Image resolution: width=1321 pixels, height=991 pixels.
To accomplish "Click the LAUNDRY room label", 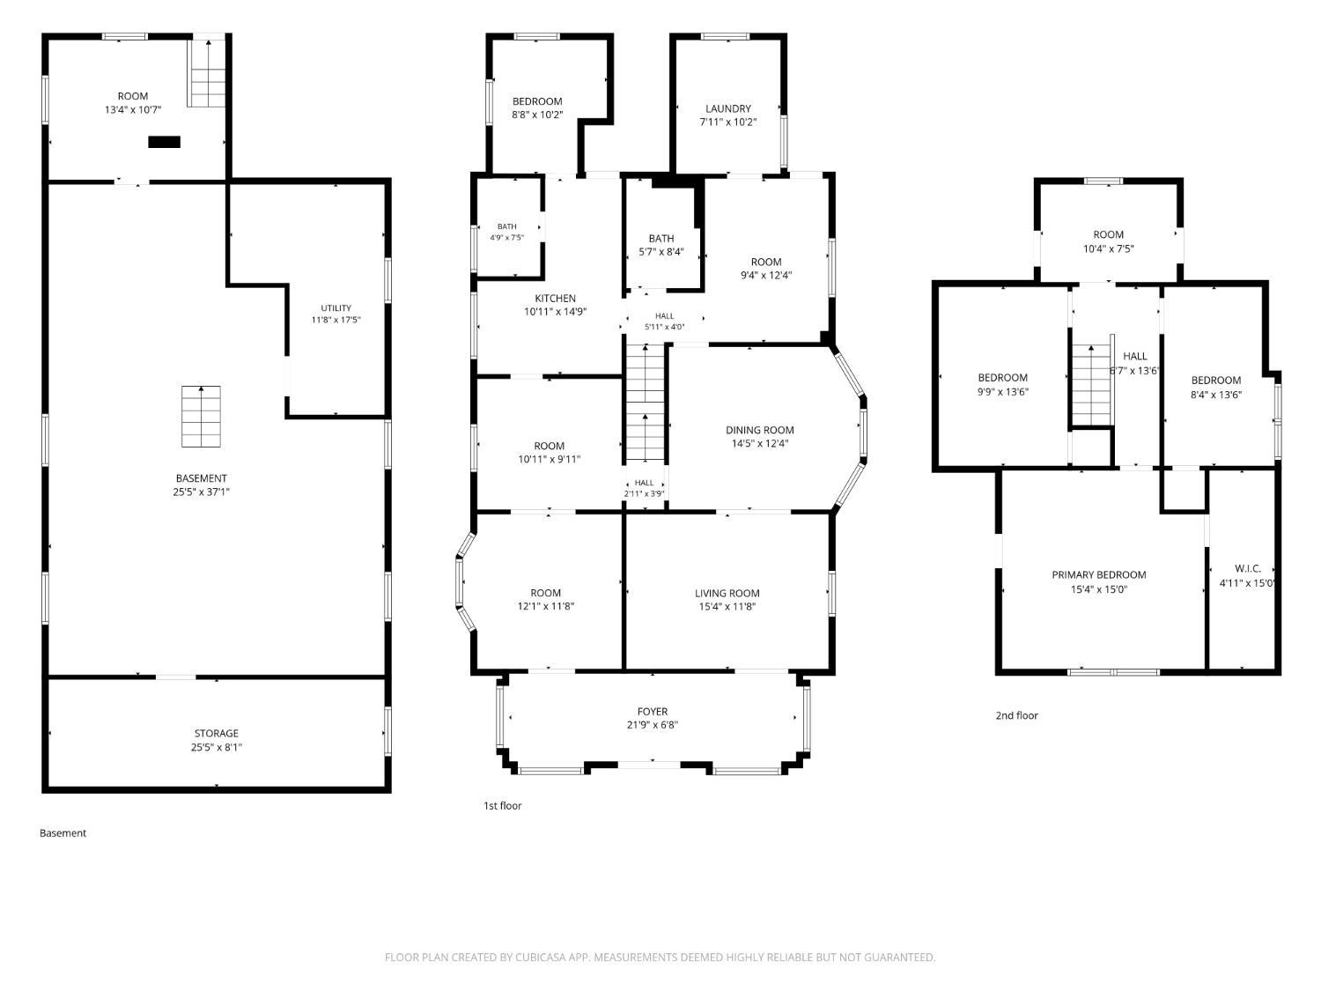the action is click(x=727, y=109).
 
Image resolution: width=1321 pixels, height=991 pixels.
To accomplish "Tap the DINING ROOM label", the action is click(x=759, y=430).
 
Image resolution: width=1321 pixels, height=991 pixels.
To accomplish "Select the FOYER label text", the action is click(x=653, y=712).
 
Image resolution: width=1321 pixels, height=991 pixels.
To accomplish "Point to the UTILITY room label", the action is click(x=336, y=308).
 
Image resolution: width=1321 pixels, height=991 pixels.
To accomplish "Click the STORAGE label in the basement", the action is click(x=216, y=734).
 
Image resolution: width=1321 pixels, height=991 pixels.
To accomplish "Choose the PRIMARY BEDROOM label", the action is click(x=1098, y=574).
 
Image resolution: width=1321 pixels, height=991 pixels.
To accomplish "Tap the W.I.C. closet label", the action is click(x=1248, y=568).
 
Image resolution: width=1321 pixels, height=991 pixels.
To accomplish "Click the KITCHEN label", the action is click(x=555, y=299).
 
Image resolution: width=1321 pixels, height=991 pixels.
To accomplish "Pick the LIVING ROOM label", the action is click(x=727, y=593).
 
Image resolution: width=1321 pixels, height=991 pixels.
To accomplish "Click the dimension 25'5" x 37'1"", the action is click(x=201, y=492).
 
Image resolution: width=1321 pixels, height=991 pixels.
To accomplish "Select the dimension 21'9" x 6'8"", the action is click(x=653, y=725).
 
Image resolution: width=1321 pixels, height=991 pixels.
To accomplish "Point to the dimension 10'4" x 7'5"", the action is click(x=1108, y=248).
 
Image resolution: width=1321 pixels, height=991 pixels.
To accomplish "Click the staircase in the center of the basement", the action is click(x=201, y=417).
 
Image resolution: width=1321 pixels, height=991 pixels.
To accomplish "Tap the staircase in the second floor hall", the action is click(x=1090, y=386).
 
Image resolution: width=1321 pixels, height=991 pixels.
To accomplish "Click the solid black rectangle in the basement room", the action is click(x=165, y=142).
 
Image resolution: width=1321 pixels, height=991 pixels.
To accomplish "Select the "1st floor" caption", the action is click(x=503, y=806).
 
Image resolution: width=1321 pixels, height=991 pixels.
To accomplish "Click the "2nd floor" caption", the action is click(x=1016, y=715).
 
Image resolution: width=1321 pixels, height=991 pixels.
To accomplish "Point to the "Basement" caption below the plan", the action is click(x=63, y=832).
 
